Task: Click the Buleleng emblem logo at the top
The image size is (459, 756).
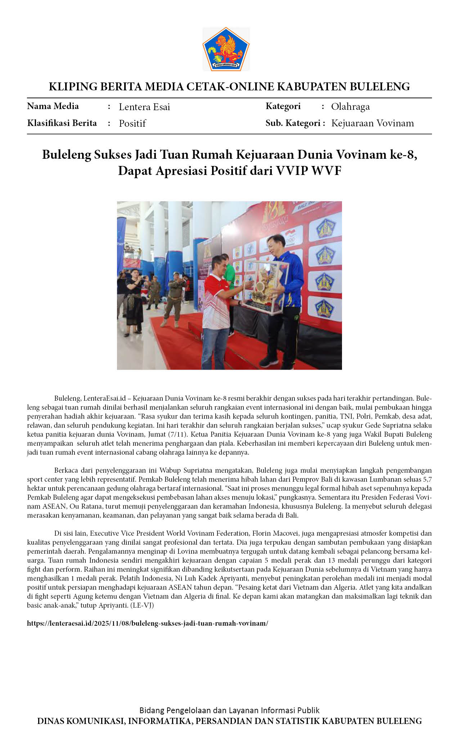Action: coord(226,49)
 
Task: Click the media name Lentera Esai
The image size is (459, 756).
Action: coord(144,107)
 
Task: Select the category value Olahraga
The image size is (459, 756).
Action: coord(350,107)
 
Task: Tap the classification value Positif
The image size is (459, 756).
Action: coord(132,123)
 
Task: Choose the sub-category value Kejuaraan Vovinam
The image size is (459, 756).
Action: coord(372,123)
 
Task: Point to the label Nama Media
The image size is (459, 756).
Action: coord(53,106)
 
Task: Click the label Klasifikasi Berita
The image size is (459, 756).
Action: coord(62,123)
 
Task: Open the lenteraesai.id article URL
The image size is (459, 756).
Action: coord(148,623)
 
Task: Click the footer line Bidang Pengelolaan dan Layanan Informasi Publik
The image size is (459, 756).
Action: coord(229,710)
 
